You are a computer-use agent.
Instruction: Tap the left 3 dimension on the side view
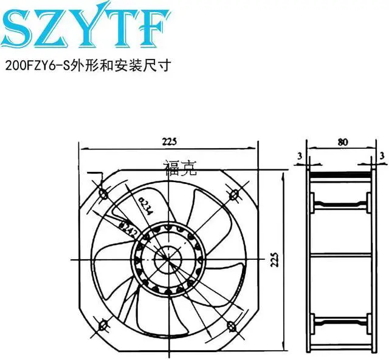pyautogui.click(x=300, y=156)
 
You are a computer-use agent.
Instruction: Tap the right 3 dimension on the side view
pyautogui.click(x=381, y=156)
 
